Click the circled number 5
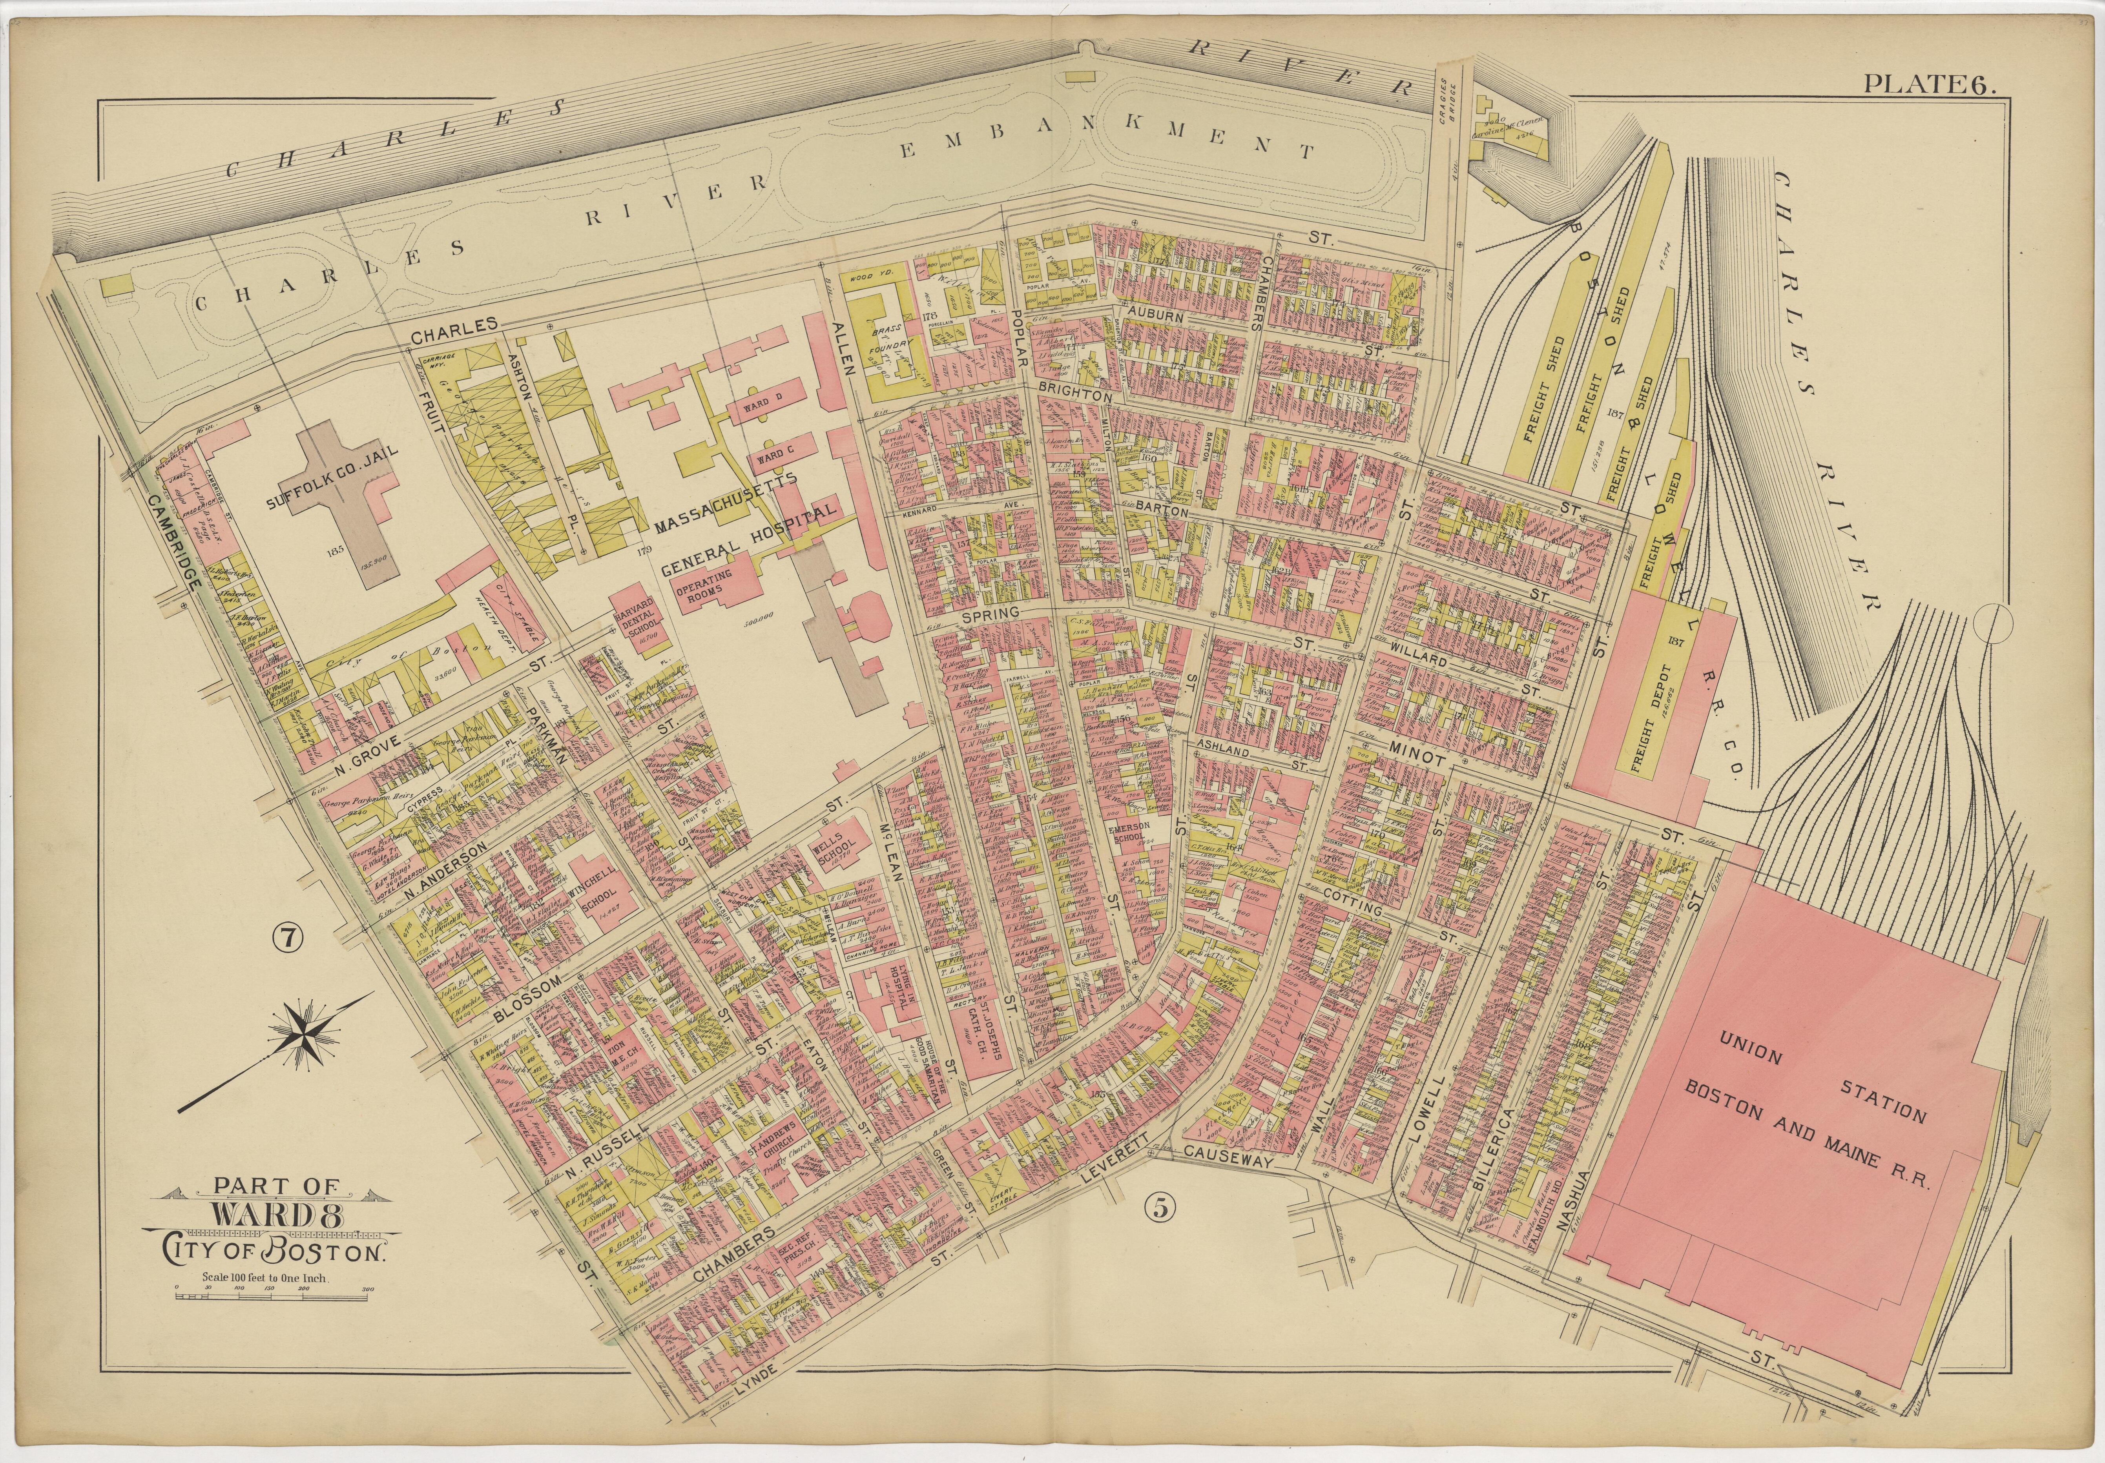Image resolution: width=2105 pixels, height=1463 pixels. pyautogui.click(x=1160, y=1208)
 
